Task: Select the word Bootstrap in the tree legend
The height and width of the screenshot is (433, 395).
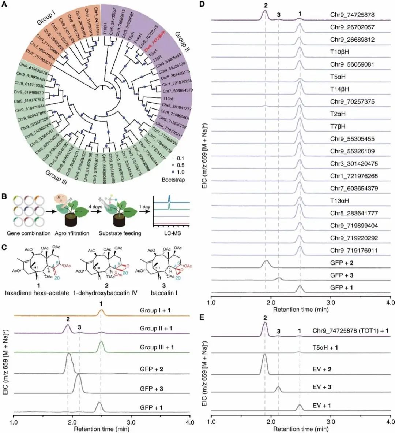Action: pos(173,180)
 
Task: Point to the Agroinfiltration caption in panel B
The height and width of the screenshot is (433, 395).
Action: pos(68,233)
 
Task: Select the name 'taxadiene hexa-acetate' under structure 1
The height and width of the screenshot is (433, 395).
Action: pos(38,292)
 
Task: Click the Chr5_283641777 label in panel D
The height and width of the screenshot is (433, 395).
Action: pos(354,213)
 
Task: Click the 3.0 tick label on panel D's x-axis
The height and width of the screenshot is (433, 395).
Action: pos(331,303)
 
